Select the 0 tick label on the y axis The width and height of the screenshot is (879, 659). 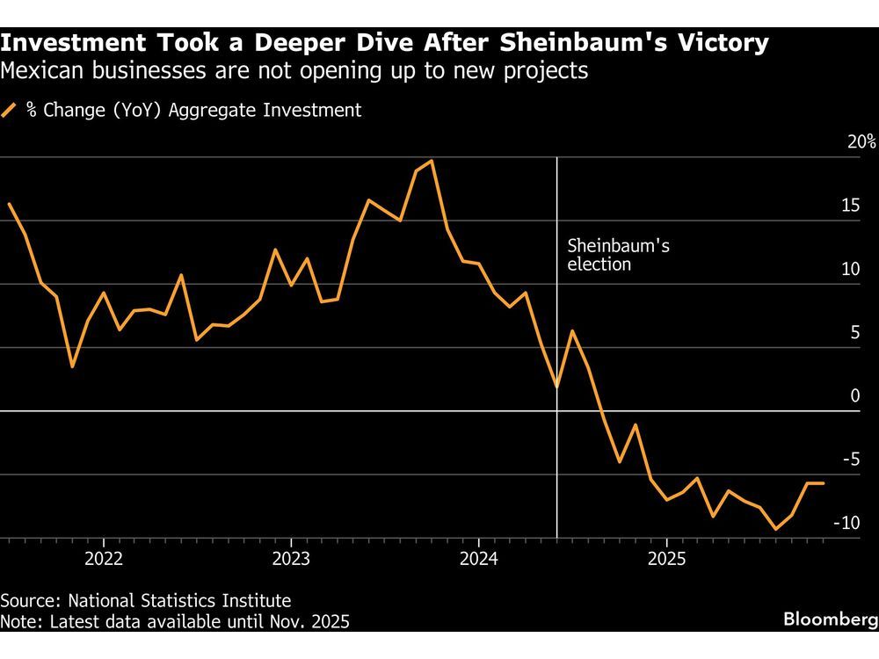pyautogui.click(x=854, y=396)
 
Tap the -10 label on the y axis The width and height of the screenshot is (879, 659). pyautogui.click(x=846, y=524)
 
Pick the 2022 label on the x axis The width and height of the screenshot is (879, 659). pyautogui.click(x=103, y=559)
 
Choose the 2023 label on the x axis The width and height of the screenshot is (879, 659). pyautogui.click(x=291, y=559)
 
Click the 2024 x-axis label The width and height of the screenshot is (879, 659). pyautogui.click(x=478, y=559)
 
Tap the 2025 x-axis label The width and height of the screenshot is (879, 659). pyautogui.click(x=666, y=559)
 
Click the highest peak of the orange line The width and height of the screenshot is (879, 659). pyautogui.click(x=431, y=161)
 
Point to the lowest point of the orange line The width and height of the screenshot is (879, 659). pyautogui.click(x=775, y=529)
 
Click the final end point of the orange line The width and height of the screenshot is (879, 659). pyautogui.click(x=823, y=483)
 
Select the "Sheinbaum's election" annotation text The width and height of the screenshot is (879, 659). pyautogui.click(x=617, y=255)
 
